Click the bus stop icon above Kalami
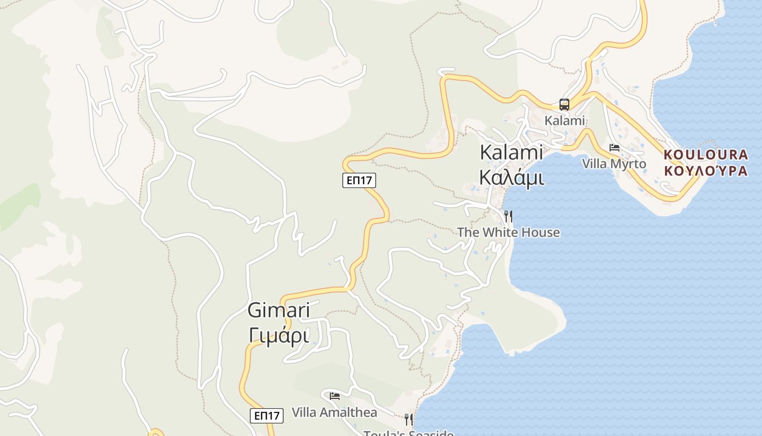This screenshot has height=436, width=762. click(564, 105)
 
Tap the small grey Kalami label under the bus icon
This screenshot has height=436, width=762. click(564, 120)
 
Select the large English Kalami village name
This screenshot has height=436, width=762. click(511, 153)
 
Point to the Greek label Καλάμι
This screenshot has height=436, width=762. click(511, 177)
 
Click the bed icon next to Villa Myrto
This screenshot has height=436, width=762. click(614, 148)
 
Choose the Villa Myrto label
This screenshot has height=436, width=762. click(614, 163)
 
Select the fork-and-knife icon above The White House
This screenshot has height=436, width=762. click(508, 216)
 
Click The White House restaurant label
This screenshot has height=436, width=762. click(508, 232)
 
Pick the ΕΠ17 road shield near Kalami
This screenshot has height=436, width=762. click(359, 180)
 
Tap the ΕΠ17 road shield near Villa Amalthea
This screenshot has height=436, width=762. click(267, 415)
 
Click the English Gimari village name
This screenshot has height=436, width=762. click(279, 310)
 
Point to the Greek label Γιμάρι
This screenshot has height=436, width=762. click(279, 335)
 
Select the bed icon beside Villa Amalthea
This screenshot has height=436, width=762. click(335, 396)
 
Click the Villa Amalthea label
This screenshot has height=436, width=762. click(334, 412)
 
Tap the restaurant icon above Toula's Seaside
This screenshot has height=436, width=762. click(408, 419)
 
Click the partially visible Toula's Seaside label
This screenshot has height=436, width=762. click(408, 433)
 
